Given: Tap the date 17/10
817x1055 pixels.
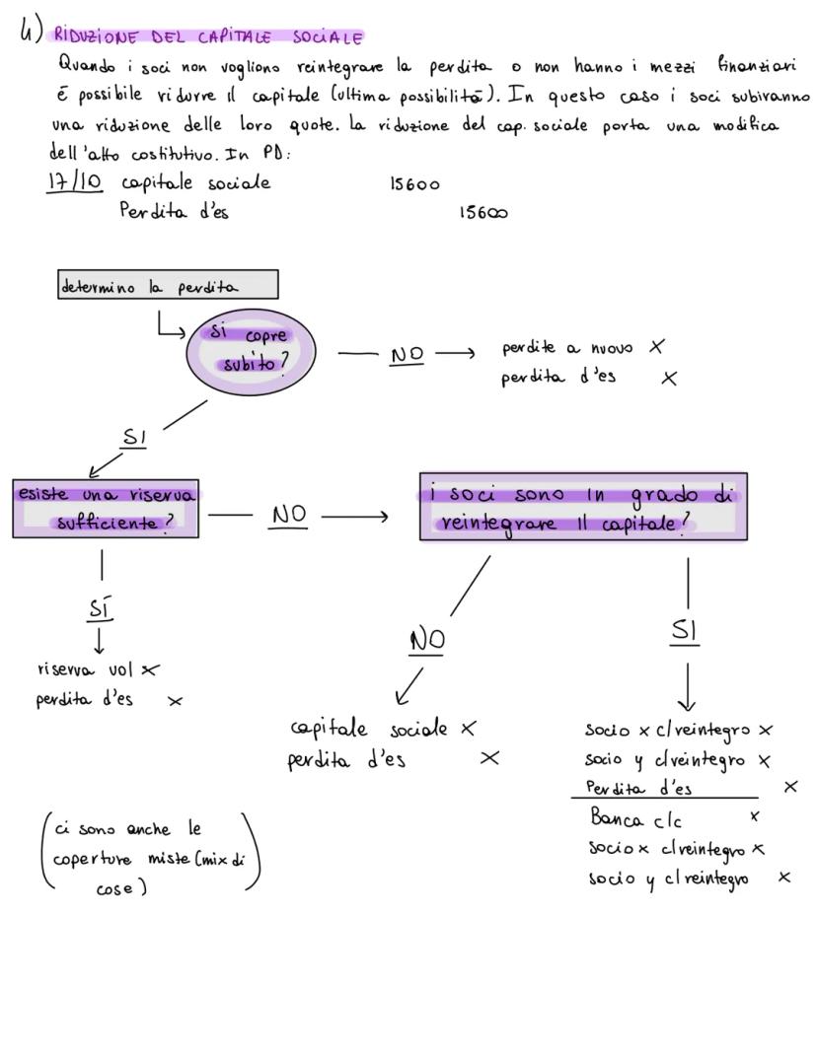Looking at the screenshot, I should [x=74, y=184].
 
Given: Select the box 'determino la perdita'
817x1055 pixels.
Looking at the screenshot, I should [x=167, y=286].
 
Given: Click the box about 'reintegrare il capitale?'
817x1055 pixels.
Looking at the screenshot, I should [x=582, y=507].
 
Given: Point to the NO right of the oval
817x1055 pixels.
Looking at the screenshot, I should [x=408, y=355].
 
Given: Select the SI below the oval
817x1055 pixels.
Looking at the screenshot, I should [x=133, y=437].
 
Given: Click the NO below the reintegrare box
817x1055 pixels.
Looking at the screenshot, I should [x=427, y=640].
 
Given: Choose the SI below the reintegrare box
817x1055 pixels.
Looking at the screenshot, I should [x=685, y=631].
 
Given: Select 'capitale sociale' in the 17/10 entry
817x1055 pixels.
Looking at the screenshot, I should [x=195, y=183].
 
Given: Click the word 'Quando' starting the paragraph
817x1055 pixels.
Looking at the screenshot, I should [x=87, y=67].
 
